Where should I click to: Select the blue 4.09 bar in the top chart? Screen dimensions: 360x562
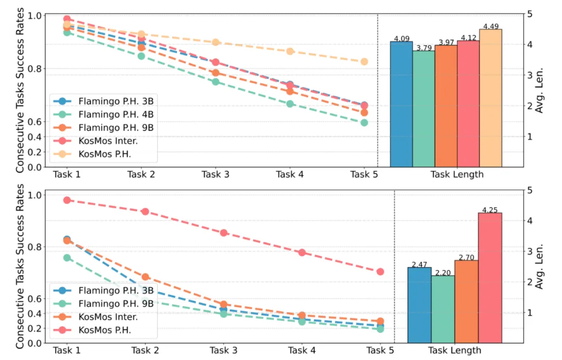point(401,104)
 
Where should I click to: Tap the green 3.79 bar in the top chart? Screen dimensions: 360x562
point(424,109)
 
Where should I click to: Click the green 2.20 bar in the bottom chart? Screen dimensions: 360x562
point(443,309)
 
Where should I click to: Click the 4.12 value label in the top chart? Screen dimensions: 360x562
point(468,37)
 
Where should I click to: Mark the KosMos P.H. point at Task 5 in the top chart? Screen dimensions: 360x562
point(364,61)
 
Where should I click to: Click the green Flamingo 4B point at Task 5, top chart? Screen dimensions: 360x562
point(364,123)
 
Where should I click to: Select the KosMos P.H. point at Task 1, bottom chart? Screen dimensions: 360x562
point(67,200)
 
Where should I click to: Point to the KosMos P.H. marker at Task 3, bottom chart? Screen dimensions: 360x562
point(223,233)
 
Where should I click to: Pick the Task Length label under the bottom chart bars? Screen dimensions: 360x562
point(455,350)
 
